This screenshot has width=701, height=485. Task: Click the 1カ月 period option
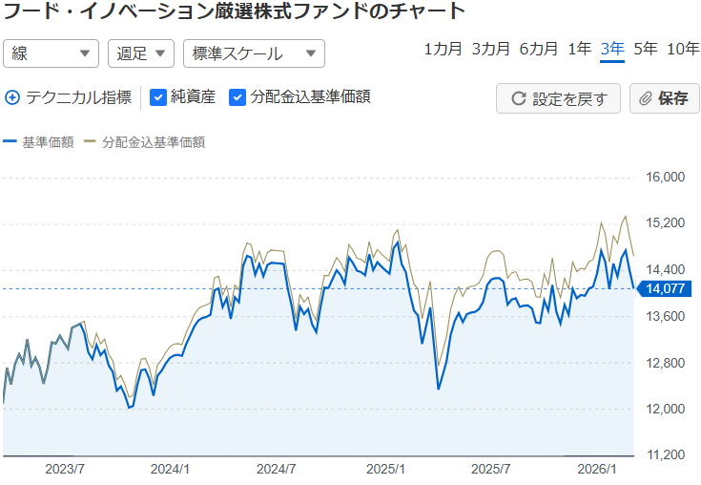coord(443,50)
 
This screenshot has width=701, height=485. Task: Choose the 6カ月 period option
coord(538,50)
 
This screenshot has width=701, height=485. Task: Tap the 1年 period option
coord(579,50)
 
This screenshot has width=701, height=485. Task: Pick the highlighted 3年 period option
coord(612,50)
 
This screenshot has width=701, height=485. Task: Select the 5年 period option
coord(645,50)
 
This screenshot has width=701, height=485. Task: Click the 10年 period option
coord(683,50)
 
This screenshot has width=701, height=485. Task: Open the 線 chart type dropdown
coord(52,53)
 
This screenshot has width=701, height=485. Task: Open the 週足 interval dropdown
coord(140,53)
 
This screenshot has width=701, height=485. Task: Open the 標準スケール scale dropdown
coord(254,53)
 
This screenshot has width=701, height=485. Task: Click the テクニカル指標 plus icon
coord(12,96)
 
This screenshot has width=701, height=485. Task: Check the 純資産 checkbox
coord(159,96)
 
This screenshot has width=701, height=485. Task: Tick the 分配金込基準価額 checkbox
coord(238,96)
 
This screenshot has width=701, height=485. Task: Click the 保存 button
coord(665,98)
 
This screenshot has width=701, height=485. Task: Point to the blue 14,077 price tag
coord(665,289)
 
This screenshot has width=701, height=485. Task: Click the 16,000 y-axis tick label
coord(667,178)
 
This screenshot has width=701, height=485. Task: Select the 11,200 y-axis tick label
coord(667,455)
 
